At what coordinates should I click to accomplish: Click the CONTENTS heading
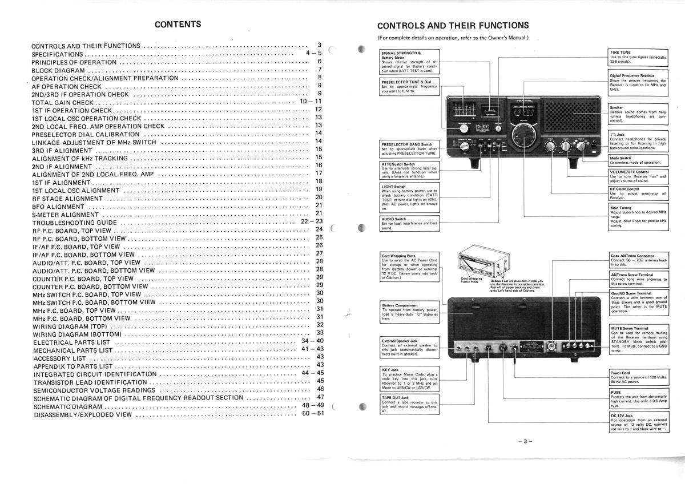tap(178, 25)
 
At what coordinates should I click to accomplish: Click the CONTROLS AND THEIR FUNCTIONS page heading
tap(453, 26)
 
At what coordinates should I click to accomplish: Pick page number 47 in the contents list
tap(320, 398)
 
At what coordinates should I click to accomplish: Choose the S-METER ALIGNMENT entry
tap(66, 215)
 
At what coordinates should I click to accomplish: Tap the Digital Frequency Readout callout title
tap(631, 75)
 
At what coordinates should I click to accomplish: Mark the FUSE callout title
tap(615, 392)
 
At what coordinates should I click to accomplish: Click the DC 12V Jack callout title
tap(621, 416)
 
